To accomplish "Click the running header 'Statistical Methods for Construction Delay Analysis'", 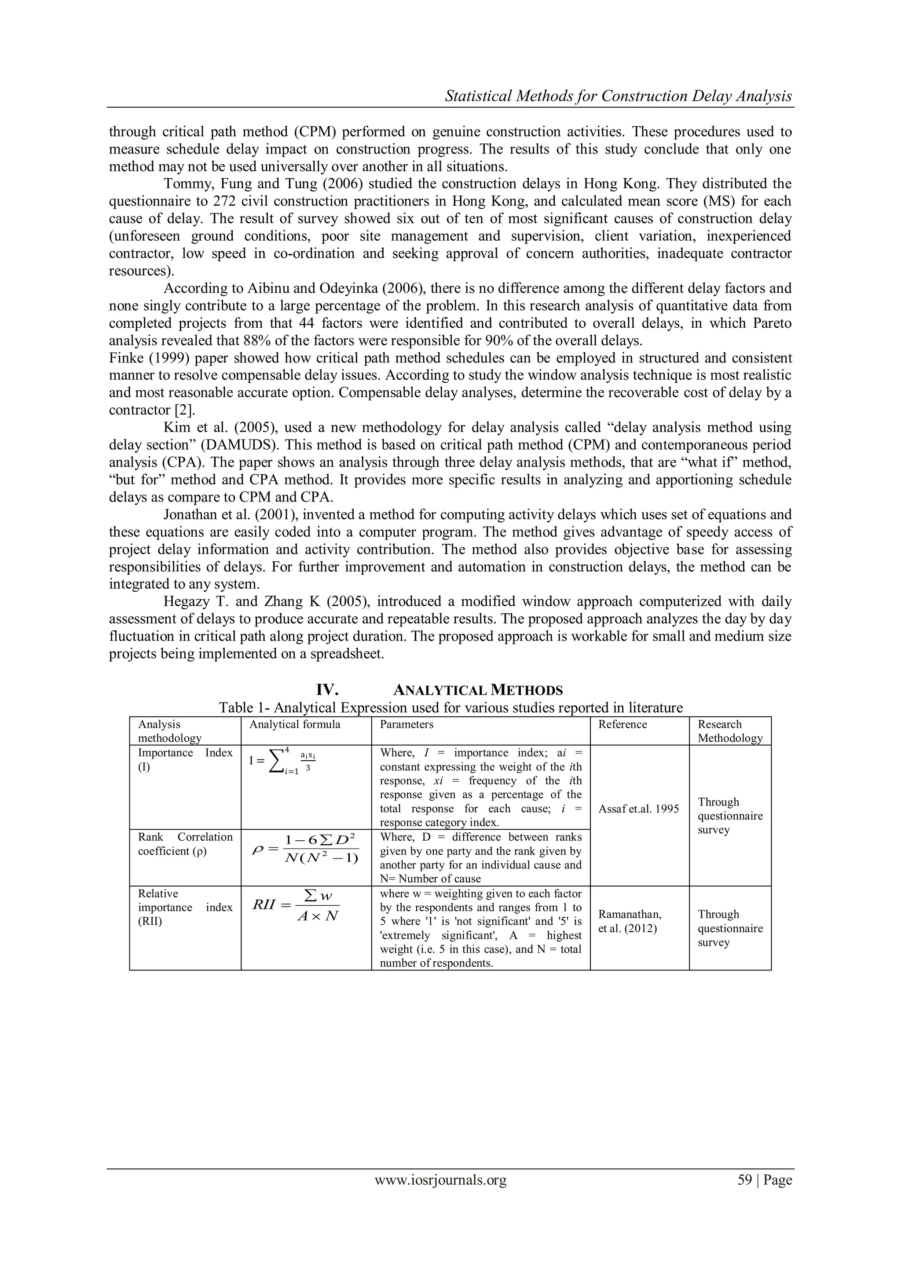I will click(619, 96).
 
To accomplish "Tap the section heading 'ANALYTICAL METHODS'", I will click(478, 690).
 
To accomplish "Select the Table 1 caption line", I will click(450, 707).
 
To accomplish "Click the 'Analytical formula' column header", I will click(295, 724).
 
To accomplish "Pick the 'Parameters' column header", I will click(406, 724).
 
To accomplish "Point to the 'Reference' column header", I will click(622, 724).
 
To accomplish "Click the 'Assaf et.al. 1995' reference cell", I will click(639, 809).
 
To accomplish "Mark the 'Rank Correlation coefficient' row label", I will click(184, 844).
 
